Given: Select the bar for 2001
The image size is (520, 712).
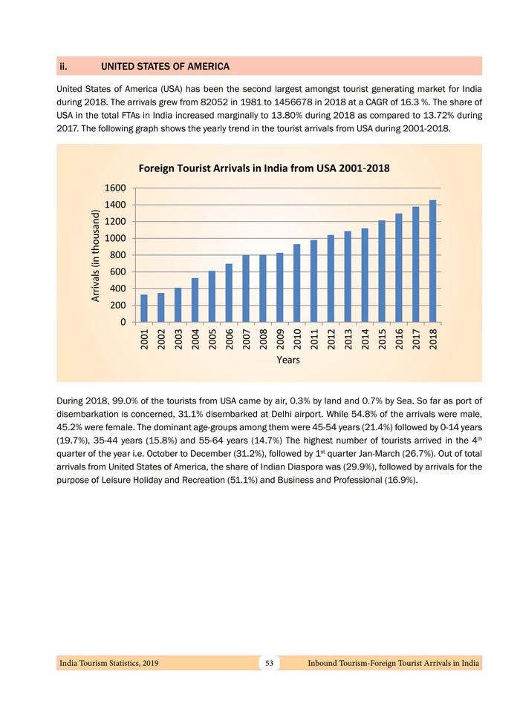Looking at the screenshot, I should click(x=144, y=309).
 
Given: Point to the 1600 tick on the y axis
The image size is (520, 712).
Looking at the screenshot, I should click(x=114, y=188).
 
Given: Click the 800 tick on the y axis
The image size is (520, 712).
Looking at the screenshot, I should click(x=117, y=255).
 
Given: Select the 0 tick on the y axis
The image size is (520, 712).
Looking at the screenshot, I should click(x=121, y=323).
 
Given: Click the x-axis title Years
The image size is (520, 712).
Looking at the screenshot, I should click(x=287, y=360).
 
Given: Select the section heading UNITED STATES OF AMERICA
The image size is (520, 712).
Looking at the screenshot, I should click(x=165, y=67).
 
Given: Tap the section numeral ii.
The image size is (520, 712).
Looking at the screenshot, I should click(x=64, y=67).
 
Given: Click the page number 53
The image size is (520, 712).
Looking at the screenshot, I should click(x=270, y=662).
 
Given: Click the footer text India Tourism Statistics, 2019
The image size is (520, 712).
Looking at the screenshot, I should click(x=108, y=662).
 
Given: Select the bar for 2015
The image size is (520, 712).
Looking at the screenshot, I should click(x=381, y=271).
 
